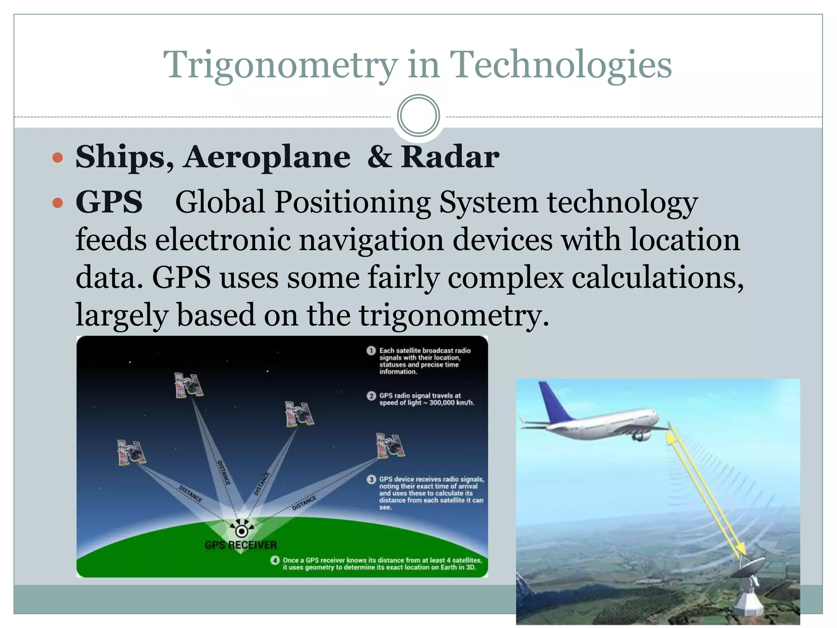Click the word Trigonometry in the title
click(280, 65)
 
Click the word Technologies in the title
click(560, 65)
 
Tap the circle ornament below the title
click(418, 115)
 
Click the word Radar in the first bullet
click(450, 157)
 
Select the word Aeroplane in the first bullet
click(266, 157)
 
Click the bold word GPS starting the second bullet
click(109, 202)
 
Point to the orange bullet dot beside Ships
click(58, 158)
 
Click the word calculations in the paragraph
click(657, 278)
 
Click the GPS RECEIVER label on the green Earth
click(241, 545)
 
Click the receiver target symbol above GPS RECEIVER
click(242, 531)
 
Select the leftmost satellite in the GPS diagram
click(131, 452)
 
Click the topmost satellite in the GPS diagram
click(188, 385)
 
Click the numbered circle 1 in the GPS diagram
click(371, 351)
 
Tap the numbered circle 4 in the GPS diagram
click(275, 561)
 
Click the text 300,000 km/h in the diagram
click(451, 403)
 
